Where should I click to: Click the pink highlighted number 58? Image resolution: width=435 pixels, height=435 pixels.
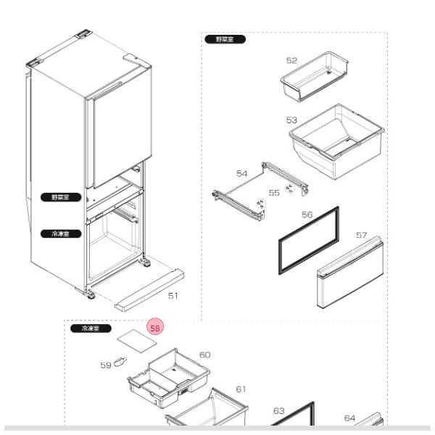pos(155,328)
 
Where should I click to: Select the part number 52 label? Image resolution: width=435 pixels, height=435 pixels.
pos(291,61)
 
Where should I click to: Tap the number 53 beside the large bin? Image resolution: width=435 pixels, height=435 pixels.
pos(291,120)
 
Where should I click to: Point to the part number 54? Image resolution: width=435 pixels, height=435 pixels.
pos(242,174)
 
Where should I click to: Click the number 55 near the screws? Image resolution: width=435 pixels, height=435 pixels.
pos(274,193)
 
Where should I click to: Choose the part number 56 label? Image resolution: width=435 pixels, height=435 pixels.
pos(307,215)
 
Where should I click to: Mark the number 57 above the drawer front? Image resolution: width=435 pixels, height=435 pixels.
pos(362,236)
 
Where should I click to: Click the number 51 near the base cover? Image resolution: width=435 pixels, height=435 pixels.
pos(173,296)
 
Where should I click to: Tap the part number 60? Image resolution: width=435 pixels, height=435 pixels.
pos(205,355)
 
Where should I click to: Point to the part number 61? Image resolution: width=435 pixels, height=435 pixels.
pos(241,389)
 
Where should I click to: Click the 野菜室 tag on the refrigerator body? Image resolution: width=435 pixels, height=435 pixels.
pos(56,197)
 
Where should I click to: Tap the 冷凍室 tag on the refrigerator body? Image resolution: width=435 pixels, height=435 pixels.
pos(56,233)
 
